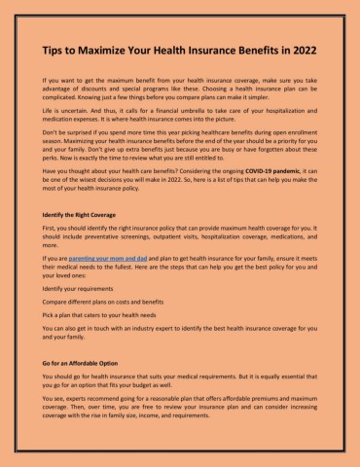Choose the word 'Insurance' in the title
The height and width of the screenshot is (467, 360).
pos(209,48)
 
